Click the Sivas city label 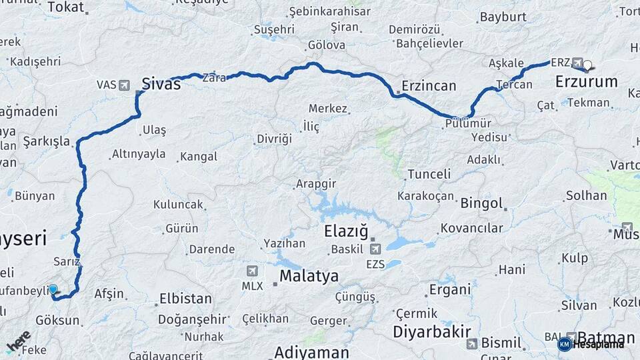pos(161,83)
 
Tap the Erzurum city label pos(586,81)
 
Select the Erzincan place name pos(429,86)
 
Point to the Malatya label pos(309,276)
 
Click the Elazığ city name pos(345,232)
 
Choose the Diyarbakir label pos(432,331)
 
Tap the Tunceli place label pos(429,174)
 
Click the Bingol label pos(481,203)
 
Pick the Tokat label pos(66,7)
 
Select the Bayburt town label pos(503,17)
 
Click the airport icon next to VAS pos(125,85)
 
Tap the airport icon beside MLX pos(251,271)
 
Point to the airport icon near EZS pos(375,249)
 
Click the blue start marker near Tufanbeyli pos(53,289)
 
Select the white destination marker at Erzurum pos(588,65)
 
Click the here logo pos(18,341)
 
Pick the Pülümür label pos(467,123)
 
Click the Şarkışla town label pos(46,141)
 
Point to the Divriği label pos(274,139)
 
